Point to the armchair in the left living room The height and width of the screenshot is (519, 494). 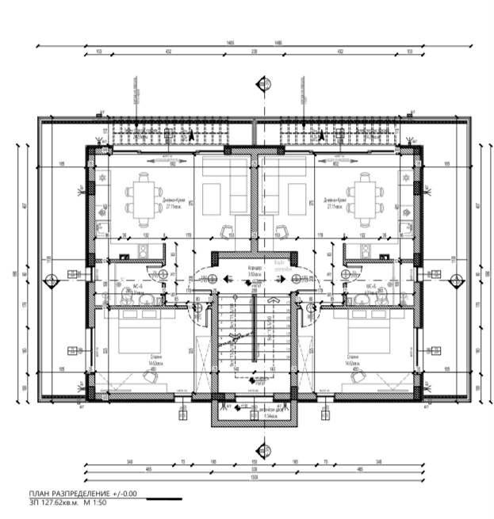click(230, 231)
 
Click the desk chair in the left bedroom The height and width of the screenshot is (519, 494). click(150, 380)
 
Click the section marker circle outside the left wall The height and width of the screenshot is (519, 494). click(52, 279)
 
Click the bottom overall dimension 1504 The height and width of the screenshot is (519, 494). click(254, 478)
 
